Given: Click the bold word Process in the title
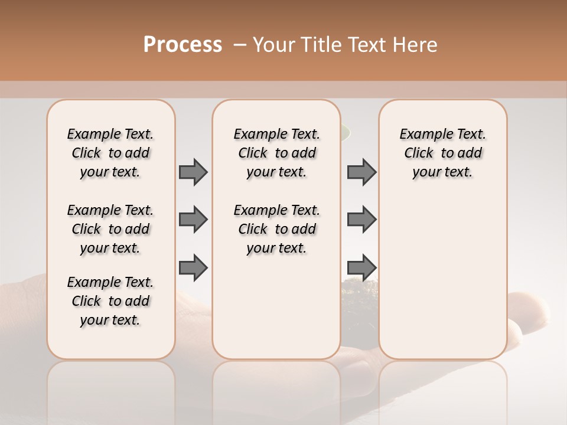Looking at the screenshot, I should (183, 45).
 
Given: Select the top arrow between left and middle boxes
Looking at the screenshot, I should (193, 172).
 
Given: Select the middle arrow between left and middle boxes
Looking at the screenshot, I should (193, 220).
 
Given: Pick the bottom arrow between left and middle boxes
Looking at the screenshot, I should (193, 267).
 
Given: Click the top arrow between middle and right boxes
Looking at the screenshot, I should (361, 172).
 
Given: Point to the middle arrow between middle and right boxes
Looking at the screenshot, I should (361, 220).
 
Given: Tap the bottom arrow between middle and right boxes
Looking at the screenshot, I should (361, 267).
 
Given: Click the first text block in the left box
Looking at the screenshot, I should (110, 153).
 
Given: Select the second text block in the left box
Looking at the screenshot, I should (110, 229).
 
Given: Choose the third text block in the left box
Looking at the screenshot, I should (110, 301).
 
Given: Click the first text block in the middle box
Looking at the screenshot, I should (276, 153).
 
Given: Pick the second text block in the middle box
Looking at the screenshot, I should (276, 229).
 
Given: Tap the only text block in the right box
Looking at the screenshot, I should (442, 153).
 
